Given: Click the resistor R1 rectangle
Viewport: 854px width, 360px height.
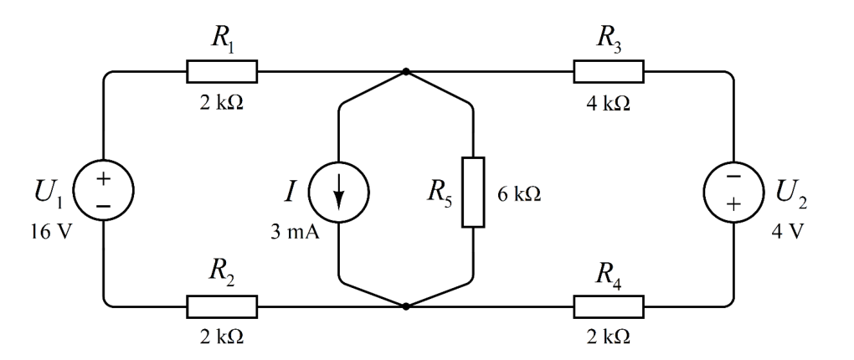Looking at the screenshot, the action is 222,71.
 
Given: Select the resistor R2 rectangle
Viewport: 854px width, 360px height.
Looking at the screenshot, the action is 222,306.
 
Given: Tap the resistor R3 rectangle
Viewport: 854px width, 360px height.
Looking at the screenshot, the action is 609,71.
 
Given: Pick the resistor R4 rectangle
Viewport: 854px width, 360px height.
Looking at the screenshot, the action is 609,306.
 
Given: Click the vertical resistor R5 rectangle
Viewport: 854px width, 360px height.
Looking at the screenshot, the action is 473,192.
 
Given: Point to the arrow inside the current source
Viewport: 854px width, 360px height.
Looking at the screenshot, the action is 339,192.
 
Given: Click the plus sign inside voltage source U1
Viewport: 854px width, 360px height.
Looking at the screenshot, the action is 104,178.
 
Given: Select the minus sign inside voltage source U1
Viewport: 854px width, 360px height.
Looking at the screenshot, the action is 104,206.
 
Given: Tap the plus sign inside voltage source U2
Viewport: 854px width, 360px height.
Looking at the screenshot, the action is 733,204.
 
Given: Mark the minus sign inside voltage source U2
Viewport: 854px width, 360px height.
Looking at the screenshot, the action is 733,177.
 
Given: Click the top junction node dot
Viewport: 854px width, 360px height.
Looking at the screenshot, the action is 405,71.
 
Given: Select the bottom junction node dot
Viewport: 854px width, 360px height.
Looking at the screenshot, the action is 405,306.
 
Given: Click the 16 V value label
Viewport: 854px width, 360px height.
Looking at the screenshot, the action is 50,233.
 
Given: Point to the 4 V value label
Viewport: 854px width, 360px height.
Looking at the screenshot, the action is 787,233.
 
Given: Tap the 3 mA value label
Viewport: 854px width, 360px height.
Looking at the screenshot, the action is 295,233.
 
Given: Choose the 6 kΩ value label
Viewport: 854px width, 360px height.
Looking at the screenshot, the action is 519,194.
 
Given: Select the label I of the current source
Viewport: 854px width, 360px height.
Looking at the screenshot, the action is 291,192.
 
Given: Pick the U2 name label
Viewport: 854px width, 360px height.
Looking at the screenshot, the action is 791,194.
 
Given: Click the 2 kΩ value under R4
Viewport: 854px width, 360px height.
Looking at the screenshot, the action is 609,337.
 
